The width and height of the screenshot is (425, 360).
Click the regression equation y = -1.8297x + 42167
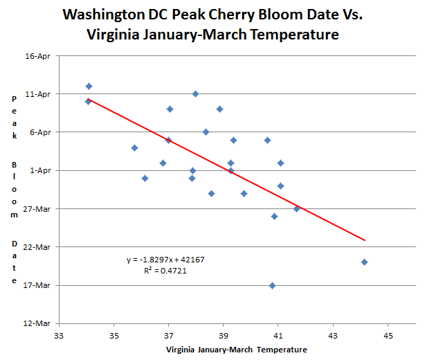point(165,260)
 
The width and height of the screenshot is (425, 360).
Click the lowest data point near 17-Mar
point(273,285)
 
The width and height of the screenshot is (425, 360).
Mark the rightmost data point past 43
point(364,262)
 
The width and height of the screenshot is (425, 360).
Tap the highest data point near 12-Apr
point(89,86)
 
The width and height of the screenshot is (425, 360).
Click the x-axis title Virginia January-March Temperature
point(235,350)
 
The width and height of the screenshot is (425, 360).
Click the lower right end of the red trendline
point(365,240)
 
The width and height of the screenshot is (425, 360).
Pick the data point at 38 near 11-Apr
point(196,93)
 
